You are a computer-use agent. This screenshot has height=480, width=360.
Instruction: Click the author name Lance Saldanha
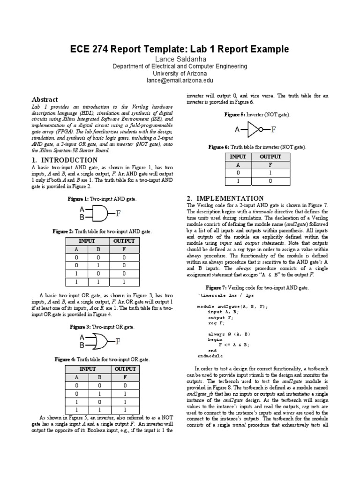coord(180,59)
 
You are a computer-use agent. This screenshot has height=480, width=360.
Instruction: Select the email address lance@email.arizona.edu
coord(180,80)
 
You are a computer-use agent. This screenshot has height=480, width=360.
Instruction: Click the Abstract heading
coord(45,99)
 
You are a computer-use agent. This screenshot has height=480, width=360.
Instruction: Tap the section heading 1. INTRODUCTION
coord(64,160)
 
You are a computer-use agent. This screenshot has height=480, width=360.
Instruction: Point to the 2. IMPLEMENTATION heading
coord(225,198)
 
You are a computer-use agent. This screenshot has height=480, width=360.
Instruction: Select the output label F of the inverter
coord(274,129)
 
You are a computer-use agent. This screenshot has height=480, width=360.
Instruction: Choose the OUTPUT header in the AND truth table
coord(124,241)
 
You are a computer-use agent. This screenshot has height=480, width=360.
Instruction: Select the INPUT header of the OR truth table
coord(87,369)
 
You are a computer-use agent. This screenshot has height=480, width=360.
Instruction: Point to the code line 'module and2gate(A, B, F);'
coord(232,306)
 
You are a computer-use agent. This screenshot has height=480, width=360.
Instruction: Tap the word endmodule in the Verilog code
coord(211,356)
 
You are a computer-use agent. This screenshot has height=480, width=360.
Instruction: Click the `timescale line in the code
coord(226,296)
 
